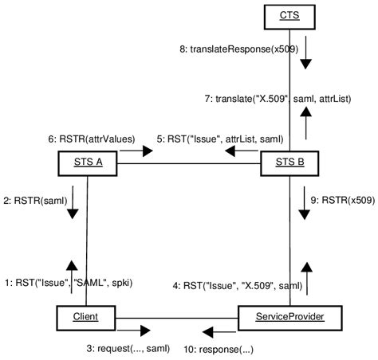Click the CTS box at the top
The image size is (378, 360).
click(289, 15)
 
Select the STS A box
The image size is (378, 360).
click(87, 164)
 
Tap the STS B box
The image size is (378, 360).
click(290, 164)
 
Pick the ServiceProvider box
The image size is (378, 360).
click(290, 317)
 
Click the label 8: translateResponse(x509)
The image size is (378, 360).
click(238, 49)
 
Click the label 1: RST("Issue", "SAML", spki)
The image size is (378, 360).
click(69, 281)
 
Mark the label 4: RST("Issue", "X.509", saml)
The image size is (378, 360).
click(237, 285)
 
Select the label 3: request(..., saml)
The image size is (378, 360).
click(127, 348)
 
